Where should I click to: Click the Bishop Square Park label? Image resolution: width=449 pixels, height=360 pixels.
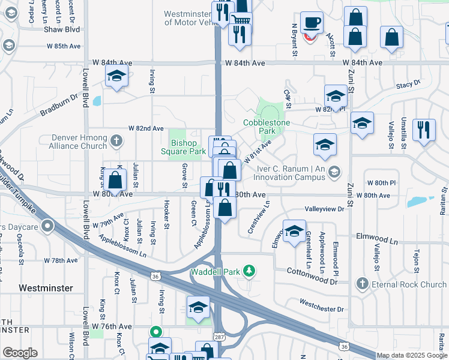[x=184, y=147]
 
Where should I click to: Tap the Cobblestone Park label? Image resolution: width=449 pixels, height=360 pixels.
[x=267, y=126]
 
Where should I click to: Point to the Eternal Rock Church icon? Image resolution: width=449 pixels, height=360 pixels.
[x=361, y=283]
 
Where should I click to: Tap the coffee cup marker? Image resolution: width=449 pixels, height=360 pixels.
[x=312, y=23]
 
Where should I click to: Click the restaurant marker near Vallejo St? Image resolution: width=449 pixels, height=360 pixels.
[x=424, y=128]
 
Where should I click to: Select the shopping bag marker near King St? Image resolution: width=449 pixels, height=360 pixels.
[x=115, y=179]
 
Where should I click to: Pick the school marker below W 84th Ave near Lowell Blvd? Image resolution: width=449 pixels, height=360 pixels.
[x=116, y=76]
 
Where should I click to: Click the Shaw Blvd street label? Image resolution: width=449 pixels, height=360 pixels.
[x=65, y=29]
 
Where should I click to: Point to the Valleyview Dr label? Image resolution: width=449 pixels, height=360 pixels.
[x=325, y=209]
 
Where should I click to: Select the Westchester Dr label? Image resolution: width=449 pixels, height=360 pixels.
[x=322, y=309]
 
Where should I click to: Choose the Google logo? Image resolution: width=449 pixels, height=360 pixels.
[x=20, y=353]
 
